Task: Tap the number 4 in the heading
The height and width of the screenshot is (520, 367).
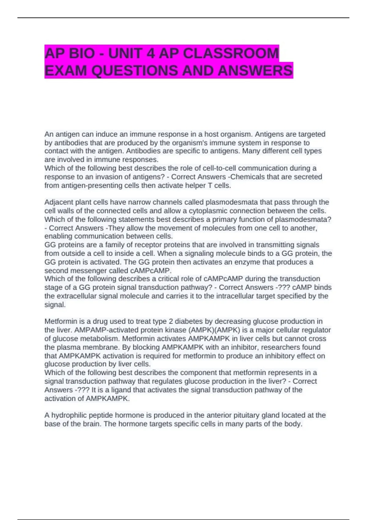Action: (x=151, y=54)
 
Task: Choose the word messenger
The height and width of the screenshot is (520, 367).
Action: (x=84, y=271)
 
